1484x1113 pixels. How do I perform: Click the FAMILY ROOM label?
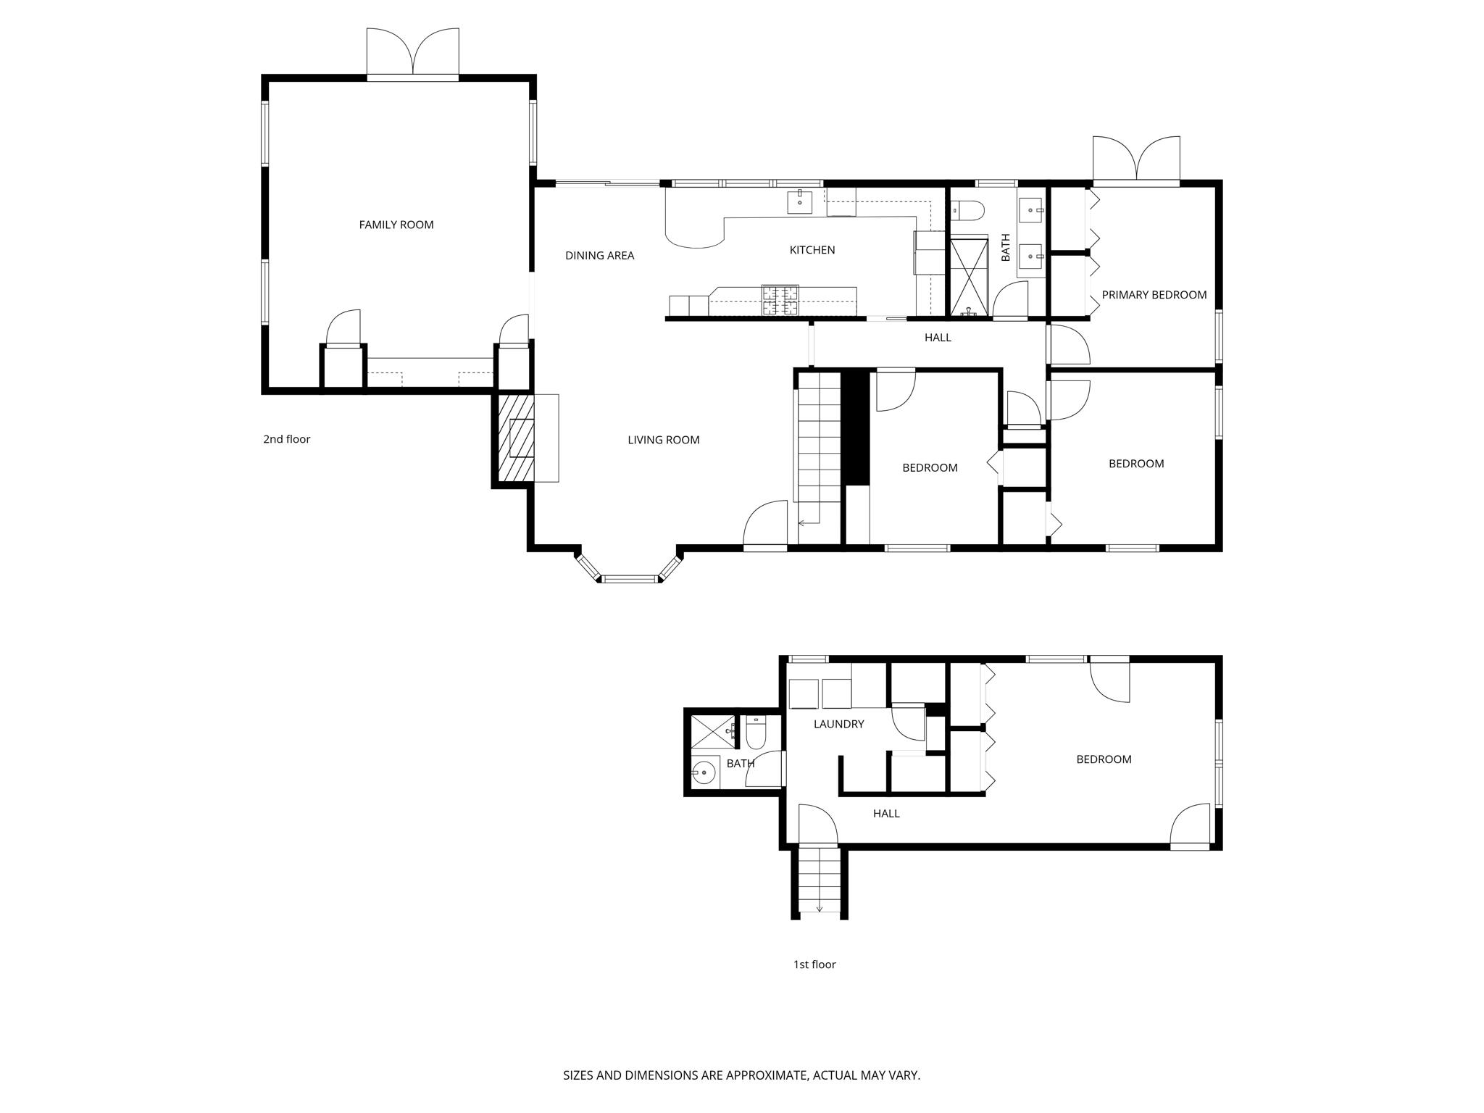(x=396, y=225)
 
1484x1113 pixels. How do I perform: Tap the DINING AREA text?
(x=599, y=255)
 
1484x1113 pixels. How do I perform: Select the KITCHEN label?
(x=812, y=250)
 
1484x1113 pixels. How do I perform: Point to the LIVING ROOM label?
(x=663, y=440)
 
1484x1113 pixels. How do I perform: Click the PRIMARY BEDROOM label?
(x=1154, y=295)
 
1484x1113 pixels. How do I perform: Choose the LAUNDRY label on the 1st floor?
(x=838, y=724)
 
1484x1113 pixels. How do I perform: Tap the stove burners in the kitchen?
(x=780, y=301)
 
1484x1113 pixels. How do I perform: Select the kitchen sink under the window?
(x=800, y=202)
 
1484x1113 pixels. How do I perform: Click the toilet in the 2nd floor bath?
(x=968, y=211)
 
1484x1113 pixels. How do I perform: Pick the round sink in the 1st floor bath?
(x=703, y=773)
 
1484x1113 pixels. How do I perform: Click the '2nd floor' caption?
(x=286, y=439)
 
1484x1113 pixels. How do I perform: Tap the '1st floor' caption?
(x=814, y=964)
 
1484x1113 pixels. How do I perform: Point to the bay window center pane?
(x=630, y=578)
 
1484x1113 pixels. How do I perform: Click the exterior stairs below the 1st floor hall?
(x=820, y=881)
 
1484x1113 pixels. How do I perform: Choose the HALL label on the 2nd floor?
(x=937, y=338)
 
